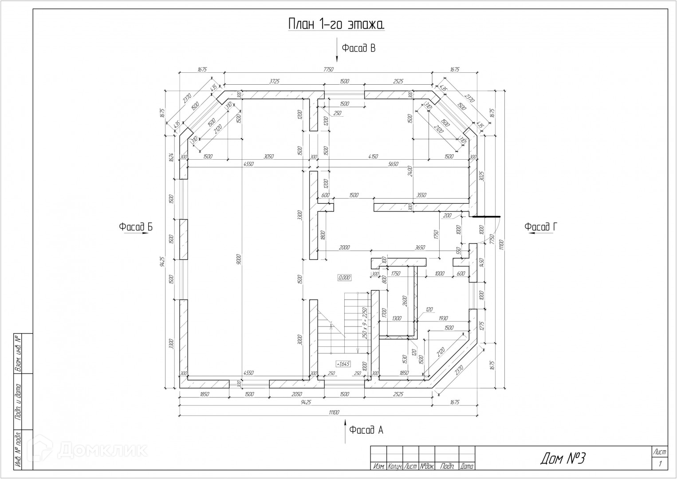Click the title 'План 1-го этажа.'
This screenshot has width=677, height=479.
coord(336,24)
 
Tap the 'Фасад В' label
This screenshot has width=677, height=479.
coord(358,48)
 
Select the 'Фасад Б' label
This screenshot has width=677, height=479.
coord(135,227)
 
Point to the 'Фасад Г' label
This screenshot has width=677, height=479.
coord(540,227)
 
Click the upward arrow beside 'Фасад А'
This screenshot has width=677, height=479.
coord(346,432)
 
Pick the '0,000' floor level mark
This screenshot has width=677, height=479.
coord(344,278)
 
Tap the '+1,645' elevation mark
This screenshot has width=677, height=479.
coord(343,364)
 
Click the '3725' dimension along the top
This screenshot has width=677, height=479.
coord(276,81)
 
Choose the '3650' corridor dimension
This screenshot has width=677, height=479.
coord(420,247)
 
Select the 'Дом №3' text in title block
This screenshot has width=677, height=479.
coord(563,459)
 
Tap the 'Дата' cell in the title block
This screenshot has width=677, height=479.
coord(467,467)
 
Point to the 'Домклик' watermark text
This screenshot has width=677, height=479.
coord(102,450)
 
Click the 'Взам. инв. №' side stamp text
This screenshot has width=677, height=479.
coord(18,353)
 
